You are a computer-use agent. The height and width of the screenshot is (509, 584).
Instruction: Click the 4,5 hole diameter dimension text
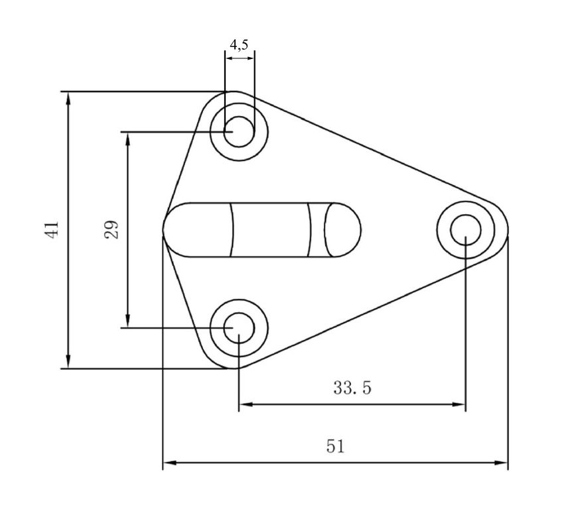click(x=239, y=44)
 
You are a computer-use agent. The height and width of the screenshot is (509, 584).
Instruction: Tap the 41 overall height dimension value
click(x=51, y=230)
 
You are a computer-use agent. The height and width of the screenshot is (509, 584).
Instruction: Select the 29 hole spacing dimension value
click(x=111, y=229)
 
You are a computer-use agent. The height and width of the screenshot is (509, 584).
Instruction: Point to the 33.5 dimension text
click(x=352, y=388)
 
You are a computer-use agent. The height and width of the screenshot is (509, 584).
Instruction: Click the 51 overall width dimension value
click(x=336, y=446)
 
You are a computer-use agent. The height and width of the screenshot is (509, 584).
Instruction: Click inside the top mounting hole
click(x=239, y=132)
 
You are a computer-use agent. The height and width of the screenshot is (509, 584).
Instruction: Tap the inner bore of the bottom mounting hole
click(x=239, y=328)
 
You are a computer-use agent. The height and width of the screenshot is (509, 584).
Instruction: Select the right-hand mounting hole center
click(x=466, y=230)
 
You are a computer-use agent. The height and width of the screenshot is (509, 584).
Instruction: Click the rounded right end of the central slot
click(x=342, y=230)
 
